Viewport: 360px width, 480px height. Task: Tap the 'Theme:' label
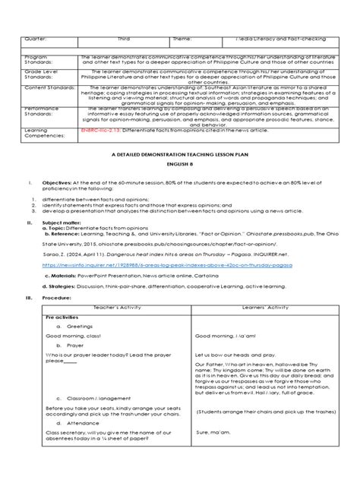[x=182, y=36]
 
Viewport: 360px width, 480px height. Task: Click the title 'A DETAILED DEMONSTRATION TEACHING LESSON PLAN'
[x=179, y=174]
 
